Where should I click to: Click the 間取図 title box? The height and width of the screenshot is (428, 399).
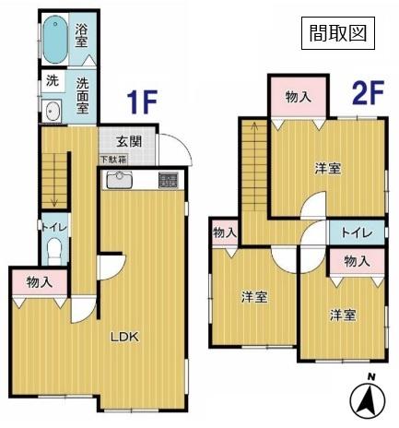coord(337,34)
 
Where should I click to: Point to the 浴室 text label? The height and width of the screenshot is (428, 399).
coord(81,36)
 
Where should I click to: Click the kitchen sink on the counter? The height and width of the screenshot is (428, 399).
coord(121,180)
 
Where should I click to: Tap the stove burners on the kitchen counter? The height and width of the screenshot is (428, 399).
coord(169,181)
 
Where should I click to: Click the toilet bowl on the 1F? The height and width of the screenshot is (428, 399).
coord(53,250)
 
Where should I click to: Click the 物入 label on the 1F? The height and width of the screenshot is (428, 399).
coord(39,281)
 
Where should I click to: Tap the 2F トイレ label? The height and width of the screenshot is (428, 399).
coord(356,232)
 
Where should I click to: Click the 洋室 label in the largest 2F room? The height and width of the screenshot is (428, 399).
coord(327,169)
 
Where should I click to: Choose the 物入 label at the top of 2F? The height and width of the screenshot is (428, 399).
coord(298,96)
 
